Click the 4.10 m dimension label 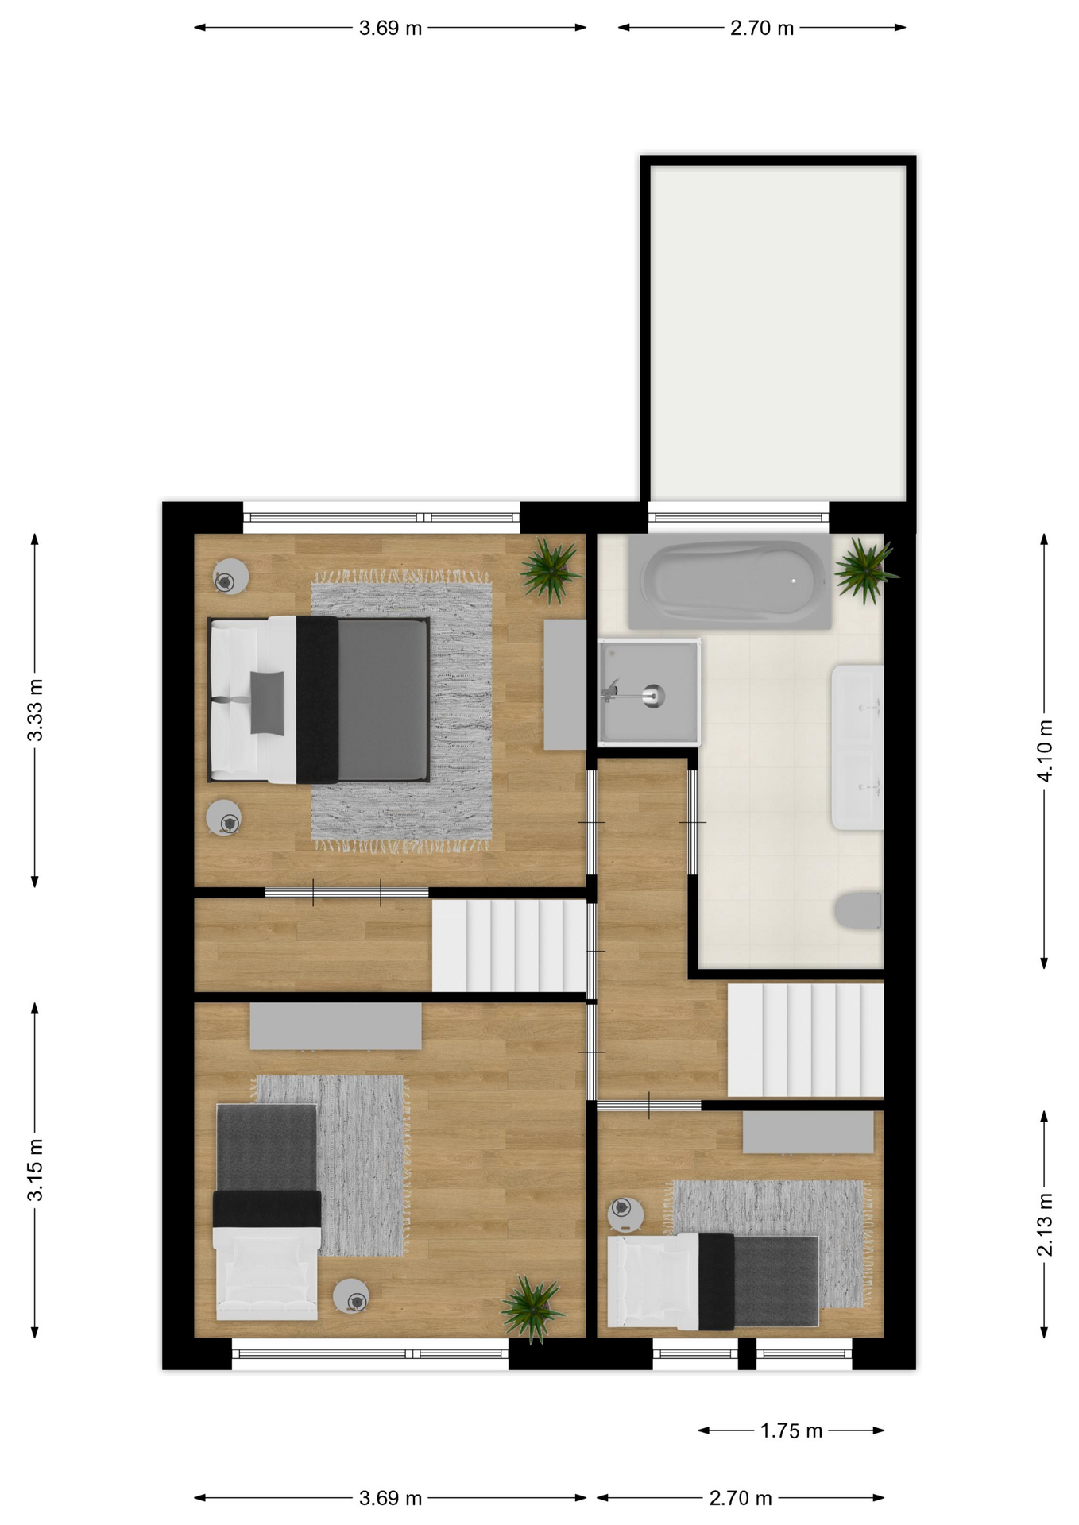[x=1045, y=751]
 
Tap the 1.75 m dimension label [x=791, y=1430]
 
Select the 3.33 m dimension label [x=35, y=709]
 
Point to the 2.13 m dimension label [x=1045, y=1224]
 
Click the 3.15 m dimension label [x=35, y=1170]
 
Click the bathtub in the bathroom [x=730, y=581]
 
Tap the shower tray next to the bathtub [x=649, y=692]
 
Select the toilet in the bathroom [x=859, y=910]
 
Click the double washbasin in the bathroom [x=857, y=747]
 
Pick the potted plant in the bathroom [x=865, y=569]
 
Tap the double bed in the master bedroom [x=319, y=699]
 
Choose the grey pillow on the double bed [x=267, y=702]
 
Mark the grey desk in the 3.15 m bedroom [x=335, y=1025]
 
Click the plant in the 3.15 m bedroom [x=532, y=1308]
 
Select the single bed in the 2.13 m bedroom [x=713, y=1281]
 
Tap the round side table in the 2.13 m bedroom [x=625, y=1214]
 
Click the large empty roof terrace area [x=778, y=334]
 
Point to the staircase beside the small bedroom [x=806, y=1040]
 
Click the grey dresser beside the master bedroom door [x=565, y=685]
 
